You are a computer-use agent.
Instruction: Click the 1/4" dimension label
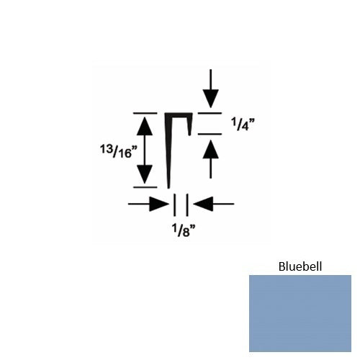(243, 124)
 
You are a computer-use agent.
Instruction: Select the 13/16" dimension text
(119, 152)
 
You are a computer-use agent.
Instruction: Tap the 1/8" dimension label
(184, 230)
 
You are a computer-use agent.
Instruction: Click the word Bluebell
(300, 266)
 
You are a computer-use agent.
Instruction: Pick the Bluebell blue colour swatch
(300, 313)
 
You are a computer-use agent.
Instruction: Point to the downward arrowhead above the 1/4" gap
(210, 99)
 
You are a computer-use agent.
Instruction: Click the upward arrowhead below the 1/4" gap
(210, 149)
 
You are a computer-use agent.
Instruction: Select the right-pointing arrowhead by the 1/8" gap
(159, 204)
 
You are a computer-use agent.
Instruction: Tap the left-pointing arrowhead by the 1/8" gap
(203, 204)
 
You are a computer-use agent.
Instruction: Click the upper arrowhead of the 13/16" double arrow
(145, 126)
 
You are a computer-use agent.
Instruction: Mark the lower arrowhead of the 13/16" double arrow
(145, 174)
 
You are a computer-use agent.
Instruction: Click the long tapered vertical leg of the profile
(168, 151)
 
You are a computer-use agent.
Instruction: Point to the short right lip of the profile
(190, 124)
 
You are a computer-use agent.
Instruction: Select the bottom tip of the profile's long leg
(168, 189)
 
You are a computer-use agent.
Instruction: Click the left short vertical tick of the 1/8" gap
(174, 205)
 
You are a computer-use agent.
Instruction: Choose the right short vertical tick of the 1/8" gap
(187, 205)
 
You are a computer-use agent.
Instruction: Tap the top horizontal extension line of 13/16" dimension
(145, 113)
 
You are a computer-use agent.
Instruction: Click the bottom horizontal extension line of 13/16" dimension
(145, 187)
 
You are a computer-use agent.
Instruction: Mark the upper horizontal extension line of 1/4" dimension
(210, 113)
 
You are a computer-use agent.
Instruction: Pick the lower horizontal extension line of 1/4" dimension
(210, 134)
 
